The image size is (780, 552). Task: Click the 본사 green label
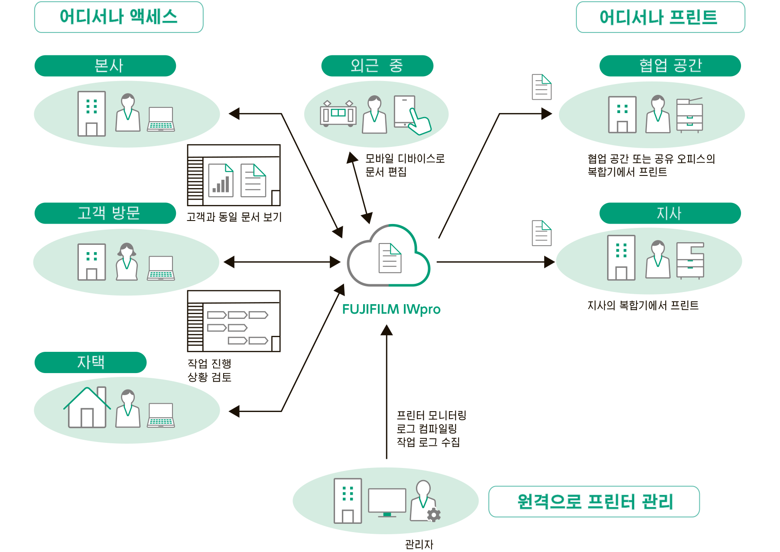(105, 66)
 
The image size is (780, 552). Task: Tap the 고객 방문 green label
(105, 213)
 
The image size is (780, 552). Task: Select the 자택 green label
(91, 362)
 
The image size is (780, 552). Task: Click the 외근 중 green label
(377, 66)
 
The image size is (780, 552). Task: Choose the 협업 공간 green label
(670, 66)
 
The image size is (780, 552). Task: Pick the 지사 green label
(670, 213)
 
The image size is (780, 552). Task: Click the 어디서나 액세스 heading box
(118, 17)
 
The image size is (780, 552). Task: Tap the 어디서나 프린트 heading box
(660, 17)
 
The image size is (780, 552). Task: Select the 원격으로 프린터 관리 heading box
(594, 502)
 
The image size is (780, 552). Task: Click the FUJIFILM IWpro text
(391, 309)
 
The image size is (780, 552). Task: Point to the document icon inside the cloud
(390, 258)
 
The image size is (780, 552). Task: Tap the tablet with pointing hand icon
(411, 114)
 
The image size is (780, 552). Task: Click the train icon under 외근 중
(338, 114)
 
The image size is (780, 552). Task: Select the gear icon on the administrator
(434, 515)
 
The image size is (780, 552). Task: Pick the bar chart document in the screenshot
(221, 180)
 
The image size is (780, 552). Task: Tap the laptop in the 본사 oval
(161, 119)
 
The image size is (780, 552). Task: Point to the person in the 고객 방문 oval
(127, 262)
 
